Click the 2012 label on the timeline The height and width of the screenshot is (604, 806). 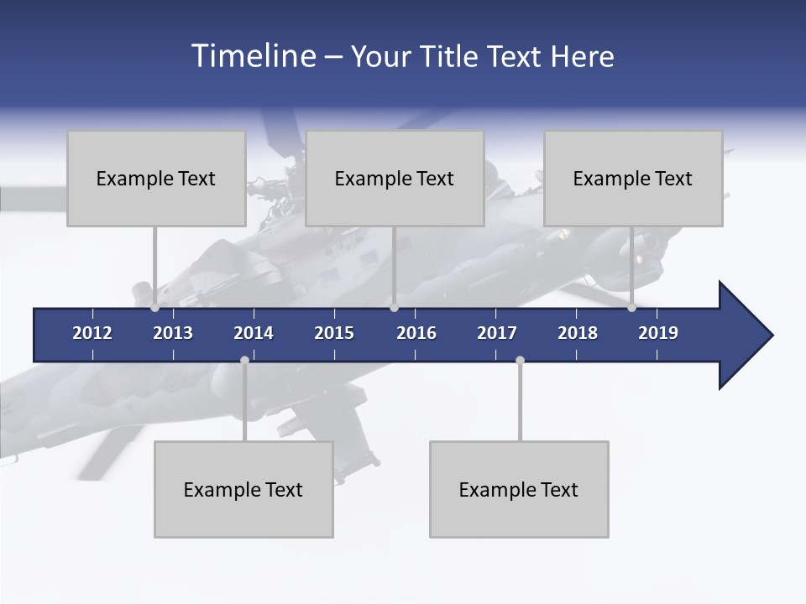coord(92,333)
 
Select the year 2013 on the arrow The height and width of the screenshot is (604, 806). coord(173,333)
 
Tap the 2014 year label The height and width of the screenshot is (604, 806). coord(254,333)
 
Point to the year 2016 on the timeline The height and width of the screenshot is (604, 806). coord(416,333)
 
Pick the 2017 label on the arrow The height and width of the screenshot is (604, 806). coord(497,333)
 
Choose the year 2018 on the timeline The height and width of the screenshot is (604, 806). coord(578,333)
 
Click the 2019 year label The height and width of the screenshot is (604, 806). coord(658,333)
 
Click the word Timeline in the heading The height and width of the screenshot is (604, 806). coord(253,56)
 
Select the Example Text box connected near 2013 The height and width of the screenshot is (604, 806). coord(156,178)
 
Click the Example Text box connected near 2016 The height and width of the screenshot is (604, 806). coord(395,178)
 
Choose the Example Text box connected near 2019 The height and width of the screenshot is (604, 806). coord(633,178)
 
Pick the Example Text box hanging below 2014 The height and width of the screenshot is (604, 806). coord(243,489)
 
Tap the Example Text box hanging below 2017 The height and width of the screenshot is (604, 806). coord(519,489)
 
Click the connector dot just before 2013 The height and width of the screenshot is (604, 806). coord(155,308)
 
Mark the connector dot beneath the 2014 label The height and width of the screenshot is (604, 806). coord(244,361)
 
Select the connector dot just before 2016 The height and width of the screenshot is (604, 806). coord(395,308)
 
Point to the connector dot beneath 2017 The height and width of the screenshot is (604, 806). coord(520,361)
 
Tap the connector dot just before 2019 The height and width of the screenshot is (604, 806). coord(632,308)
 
